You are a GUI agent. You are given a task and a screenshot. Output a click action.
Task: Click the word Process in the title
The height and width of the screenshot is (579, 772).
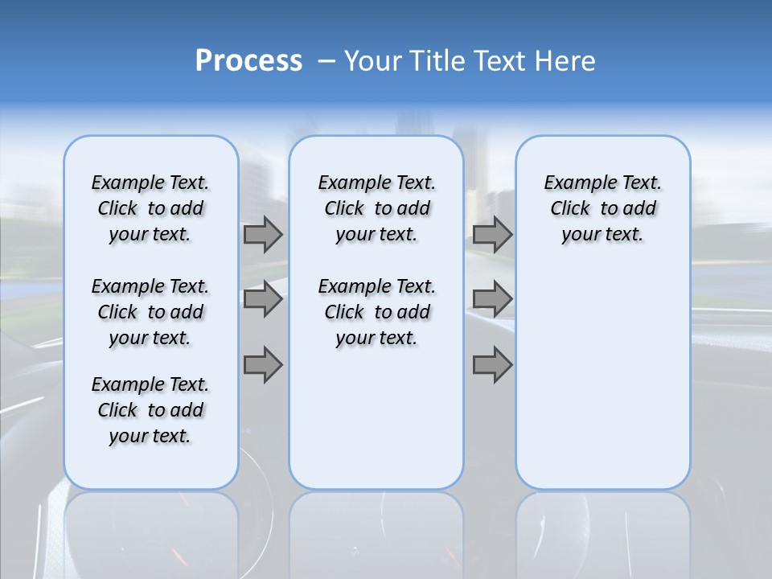coord(248,61)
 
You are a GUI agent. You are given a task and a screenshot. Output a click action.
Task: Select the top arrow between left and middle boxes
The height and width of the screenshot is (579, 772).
coord(263,235)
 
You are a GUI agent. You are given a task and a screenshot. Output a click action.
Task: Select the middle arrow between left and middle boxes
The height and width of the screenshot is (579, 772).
coord(263,300)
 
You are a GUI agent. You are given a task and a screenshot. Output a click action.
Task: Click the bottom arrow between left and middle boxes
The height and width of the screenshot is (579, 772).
coord(263,364)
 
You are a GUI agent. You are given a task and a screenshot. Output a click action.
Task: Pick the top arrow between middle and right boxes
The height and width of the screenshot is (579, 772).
coord(492,235)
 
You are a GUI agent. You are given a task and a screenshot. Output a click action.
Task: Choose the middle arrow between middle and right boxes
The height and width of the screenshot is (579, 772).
coord(492,300)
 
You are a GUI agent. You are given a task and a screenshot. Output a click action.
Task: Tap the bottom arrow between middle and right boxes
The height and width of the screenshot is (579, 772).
coord(492,364)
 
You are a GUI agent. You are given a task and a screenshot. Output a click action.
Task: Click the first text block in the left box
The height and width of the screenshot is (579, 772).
coord(150,208)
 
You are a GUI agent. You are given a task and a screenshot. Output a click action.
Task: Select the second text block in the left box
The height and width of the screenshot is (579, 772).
coord(150,312)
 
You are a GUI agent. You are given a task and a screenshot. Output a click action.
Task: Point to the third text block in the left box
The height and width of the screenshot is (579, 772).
coord(150,410)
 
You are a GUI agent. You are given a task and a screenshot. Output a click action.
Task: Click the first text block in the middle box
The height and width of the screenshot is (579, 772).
coord(376,208)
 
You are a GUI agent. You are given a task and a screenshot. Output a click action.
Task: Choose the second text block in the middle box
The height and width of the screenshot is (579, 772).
coord(376,312)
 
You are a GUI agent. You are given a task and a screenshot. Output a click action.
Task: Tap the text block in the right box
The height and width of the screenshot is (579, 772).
coord(602,208)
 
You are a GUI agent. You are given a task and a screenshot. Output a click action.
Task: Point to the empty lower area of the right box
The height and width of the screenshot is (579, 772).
coord(602,378)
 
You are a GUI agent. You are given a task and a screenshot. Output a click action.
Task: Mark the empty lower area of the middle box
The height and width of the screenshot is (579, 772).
coord(376,418)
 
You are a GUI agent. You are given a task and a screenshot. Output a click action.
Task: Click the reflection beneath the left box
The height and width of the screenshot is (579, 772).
coord(150,531)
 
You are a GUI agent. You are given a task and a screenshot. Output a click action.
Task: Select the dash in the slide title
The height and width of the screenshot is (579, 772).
coord(326,61)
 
